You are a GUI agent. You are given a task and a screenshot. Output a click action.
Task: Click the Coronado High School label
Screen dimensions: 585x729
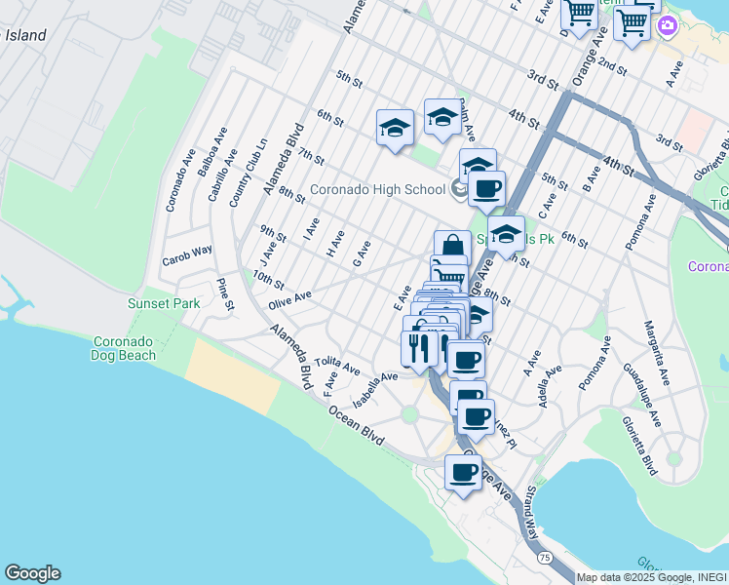pyautogui.click(x=378, y=189)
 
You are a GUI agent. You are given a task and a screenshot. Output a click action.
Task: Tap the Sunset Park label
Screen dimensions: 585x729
pyautogui.click(x=164, y=303)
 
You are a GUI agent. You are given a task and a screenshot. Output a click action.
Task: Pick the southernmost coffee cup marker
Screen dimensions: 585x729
pyautogui.click(x=464, y=473)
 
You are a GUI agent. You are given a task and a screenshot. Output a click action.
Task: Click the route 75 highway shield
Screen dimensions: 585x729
pyautogui.click(x=545, y=557)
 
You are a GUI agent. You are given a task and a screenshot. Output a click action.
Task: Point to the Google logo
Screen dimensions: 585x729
pyautogui.click(x=32, y=573)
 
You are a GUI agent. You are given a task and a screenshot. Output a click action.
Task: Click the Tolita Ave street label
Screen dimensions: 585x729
pyautogui.click(x=337, y=367)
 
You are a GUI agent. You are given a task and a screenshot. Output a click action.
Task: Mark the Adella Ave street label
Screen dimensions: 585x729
pyautogui.click(x=546, y=385)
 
